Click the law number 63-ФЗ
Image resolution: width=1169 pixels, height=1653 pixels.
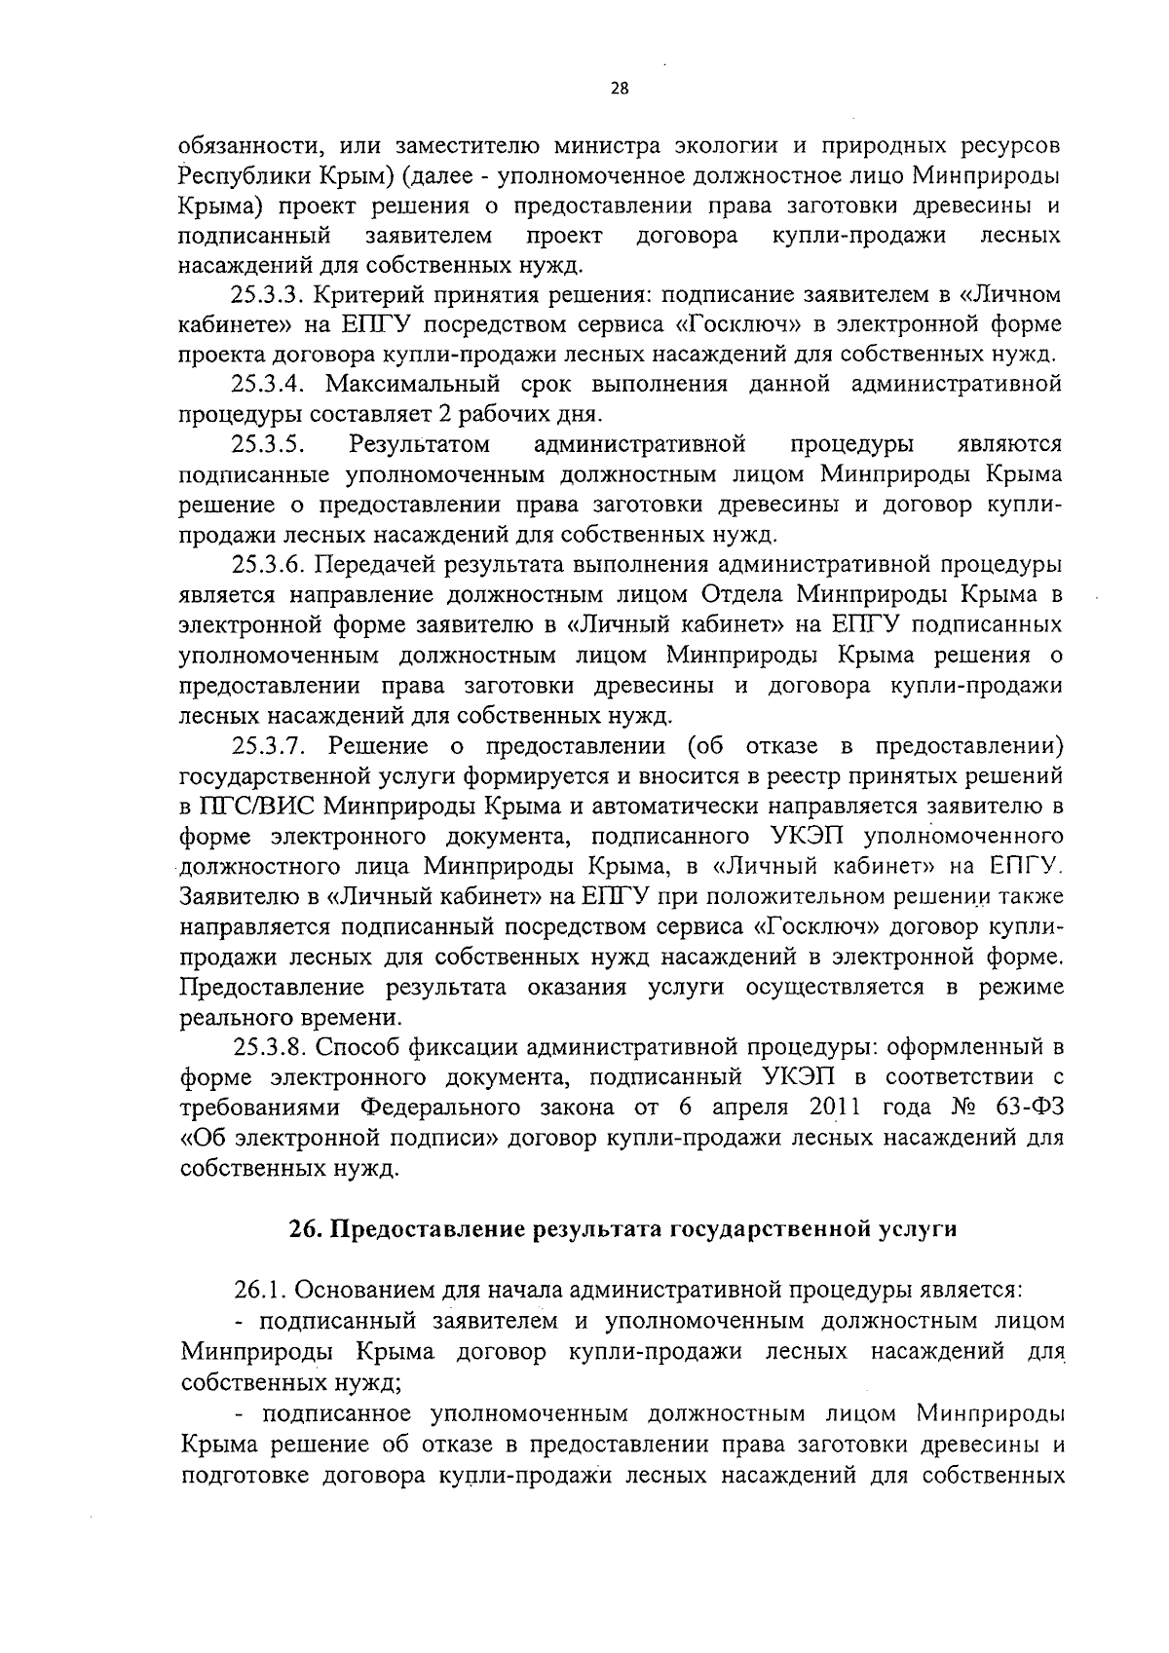pyautogui.click(x=1026, y=1108)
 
